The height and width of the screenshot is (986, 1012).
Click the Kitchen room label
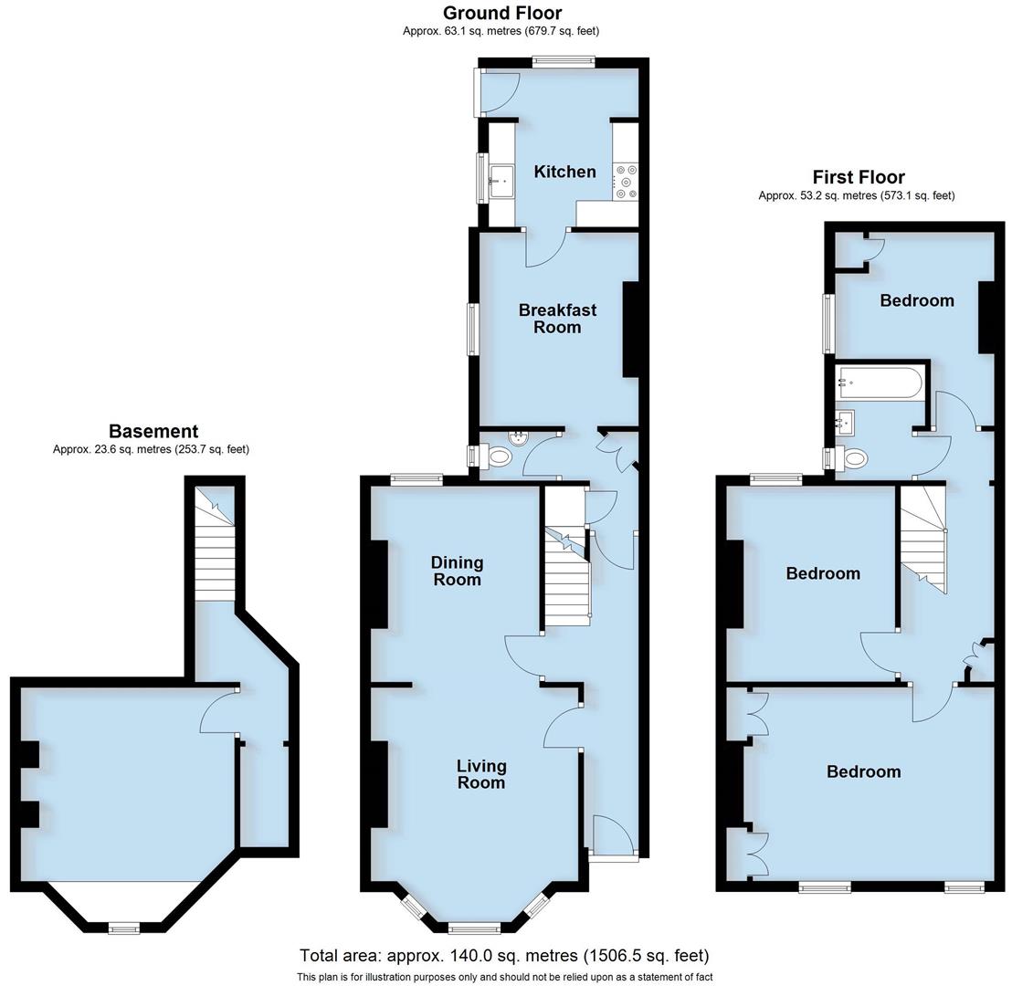pos(564,172)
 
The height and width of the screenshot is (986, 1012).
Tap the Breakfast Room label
pos(557,319)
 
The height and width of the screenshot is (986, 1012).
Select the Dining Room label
pos(457,571)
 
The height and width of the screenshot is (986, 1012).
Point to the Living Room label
pos(480,774)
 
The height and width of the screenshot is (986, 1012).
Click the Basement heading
pos(153,431)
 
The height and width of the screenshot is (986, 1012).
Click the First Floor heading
pos(859,177)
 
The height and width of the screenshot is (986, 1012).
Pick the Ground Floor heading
pos(502,13)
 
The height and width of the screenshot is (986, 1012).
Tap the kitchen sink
pos(501,182)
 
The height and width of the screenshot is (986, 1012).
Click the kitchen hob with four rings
pos(626,181)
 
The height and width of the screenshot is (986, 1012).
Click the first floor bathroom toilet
pos(853,458)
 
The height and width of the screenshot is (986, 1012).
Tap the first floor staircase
pos(924,539)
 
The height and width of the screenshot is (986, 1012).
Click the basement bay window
pos(123,928)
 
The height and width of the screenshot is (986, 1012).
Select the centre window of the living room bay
pos(474,928)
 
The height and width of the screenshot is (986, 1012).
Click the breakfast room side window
pos(473,329)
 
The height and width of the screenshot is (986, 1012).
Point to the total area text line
pos(504,956)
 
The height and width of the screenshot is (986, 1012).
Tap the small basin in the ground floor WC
pos(518,437)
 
